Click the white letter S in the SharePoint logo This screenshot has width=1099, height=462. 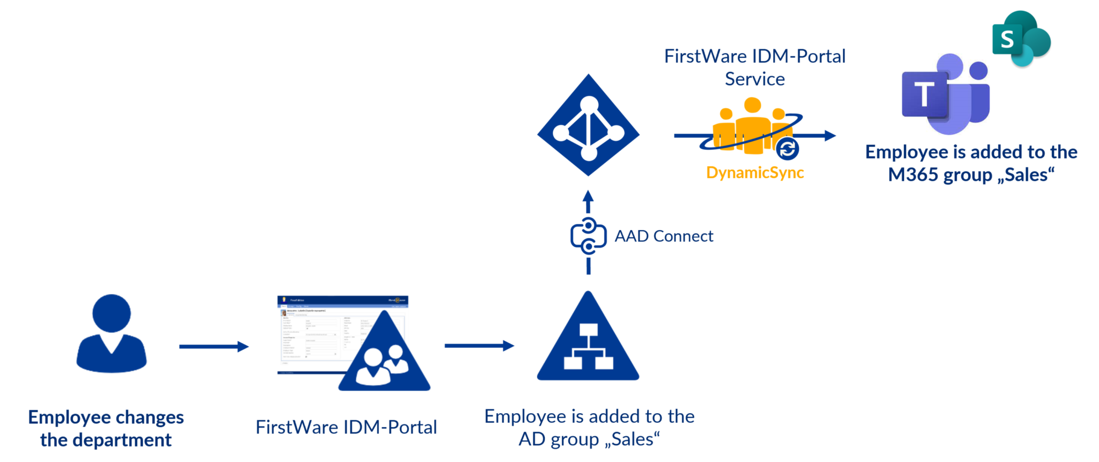[x=1007, y=39]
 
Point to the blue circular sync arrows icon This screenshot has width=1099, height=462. [x=787, y=149]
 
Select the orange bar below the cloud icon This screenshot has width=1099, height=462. [x=797, y=173]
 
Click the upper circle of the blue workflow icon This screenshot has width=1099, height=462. [x=589, y=224]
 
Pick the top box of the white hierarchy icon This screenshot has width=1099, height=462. [x=589, y=329]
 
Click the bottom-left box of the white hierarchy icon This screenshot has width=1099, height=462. [x=573, y=363]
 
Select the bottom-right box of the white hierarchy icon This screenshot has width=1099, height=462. [x=605, y=363]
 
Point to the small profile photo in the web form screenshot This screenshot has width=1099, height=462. [x=283, y=313]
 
